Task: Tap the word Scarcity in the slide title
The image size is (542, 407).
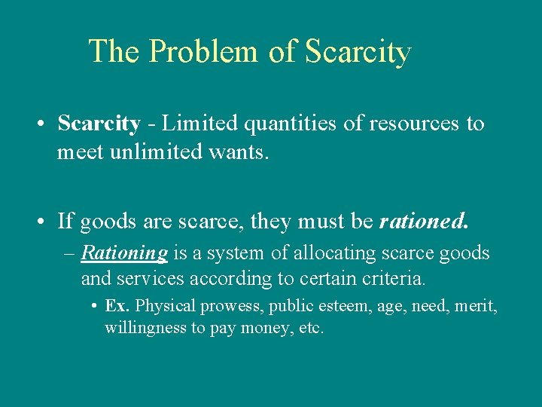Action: [358, 52]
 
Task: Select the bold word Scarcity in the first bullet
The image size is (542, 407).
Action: [99, 124]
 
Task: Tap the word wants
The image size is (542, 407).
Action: [241, 152]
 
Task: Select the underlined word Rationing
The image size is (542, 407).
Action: [124, 253]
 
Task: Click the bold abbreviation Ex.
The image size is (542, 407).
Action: [118, 306]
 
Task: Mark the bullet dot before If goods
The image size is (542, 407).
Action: [44, 222]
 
